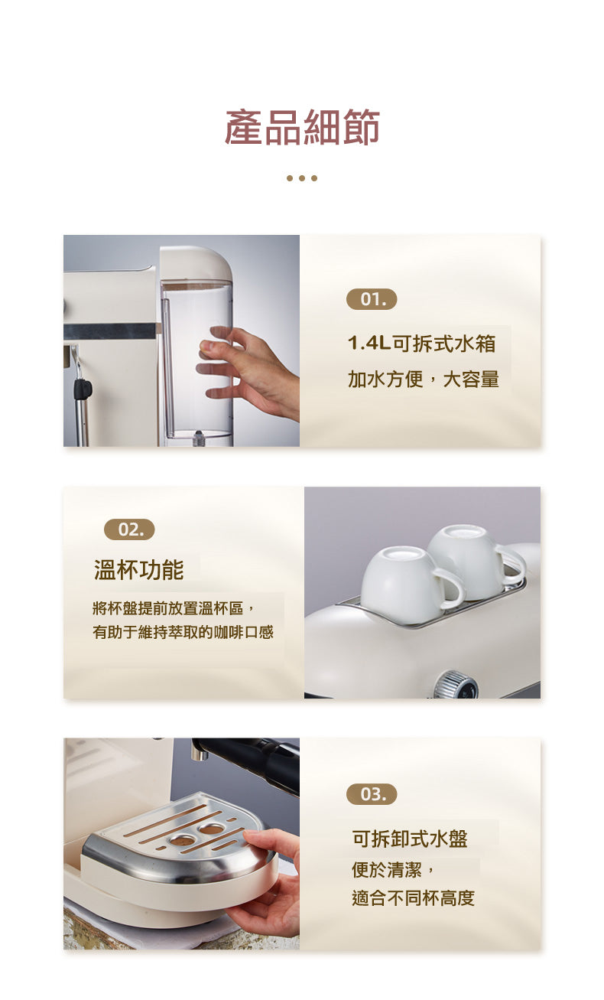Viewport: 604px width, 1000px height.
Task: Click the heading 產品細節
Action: pos(302,128)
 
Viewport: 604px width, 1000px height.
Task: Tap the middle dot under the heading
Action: pos(302,178)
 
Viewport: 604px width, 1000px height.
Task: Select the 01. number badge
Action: pos(372,299)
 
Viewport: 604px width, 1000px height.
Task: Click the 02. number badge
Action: pos(129,529)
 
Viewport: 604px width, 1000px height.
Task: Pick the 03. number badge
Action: pos(372,794)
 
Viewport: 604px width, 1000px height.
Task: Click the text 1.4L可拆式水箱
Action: pos(421,344)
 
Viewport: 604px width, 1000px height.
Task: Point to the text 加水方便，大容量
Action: pos(423,379)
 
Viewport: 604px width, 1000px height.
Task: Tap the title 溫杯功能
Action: pos(138,570)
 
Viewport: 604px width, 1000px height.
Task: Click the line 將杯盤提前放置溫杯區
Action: pos(173,608)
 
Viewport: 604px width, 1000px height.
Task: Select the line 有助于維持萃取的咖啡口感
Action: pos(183,633)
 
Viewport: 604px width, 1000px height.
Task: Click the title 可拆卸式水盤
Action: pos(410,839)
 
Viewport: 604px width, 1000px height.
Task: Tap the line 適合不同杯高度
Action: pos(413,897)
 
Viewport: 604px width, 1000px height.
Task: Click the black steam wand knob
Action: pos(82,389)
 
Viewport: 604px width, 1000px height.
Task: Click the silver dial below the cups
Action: pos(456,684)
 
